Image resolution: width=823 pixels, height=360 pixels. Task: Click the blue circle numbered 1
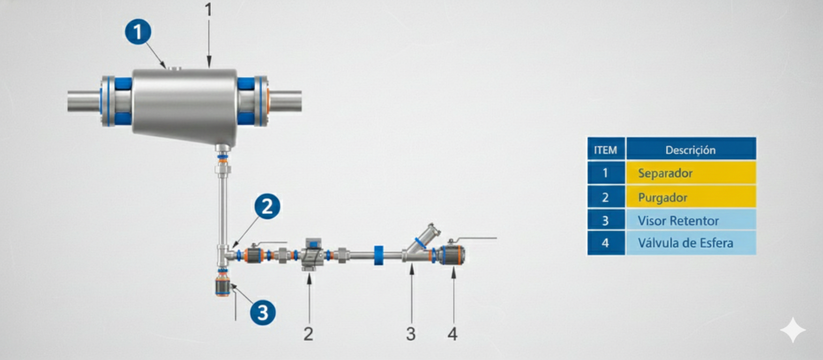[x=138, y=32]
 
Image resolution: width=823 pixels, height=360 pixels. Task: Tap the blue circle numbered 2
[x=267, y=206]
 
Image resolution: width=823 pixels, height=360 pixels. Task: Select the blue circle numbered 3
[x=263, y=313]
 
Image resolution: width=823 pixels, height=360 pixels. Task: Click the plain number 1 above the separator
[x=208, y=10]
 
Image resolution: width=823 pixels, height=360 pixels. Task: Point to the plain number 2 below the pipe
[x=309, y=334]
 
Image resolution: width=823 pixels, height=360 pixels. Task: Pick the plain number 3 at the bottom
[x=411, y=334]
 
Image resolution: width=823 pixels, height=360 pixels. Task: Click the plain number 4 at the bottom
[x=453, y=334]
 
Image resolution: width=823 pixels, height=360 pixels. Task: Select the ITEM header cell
[x=606, y=149]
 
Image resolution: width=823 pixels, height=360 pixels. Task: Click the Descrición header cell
[x=691, y=149]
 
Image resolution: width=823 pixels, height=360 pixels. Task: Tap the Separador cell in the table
[x=691, y=172]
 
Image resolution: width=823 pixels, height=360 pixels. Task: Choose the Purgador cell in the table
[x=691, y=197]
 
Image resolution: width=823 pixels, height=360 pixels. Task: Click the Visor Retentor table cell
[x=691, y=220]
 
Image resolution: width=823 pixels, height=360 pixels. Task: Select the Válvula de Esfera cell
[x=691, y=243]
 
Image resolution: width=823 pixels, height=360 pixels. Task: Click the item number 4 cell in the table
[x=606, y=243]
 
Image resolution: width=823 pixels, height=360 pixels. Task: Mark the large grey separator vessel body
[x=184, y=107]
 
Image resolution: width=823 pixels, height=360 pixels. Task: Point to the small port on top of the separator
[x=175, y=67]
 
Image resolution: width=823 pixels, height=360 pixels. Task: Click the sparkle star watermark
[x=793, y=330]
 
